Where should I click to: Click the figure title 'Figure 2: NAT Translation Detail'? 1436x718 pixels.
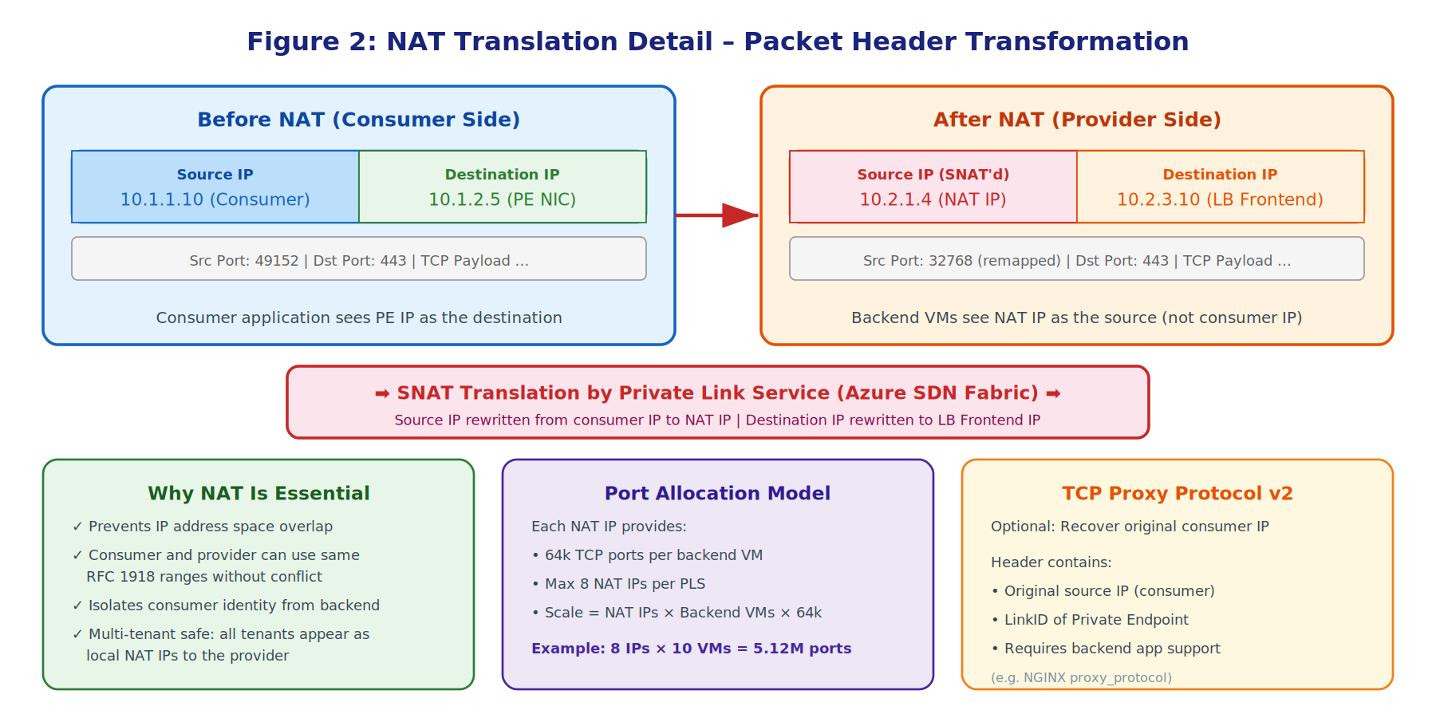tap(717, 41)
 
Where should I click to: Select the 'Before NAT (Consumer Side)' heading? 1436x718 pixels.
tap(358, 120)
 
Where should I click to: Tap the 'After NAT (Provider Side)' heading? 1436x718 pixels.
tap(1076, 120)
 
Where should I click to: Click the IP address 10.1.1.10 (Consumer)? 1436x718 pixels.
tap(215, 199)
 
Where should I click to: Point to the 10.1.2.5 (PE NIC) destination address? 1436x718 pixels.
tap(502, 199)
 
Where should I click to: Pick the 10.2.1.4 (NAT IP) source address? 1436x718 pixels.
tap(933, 199)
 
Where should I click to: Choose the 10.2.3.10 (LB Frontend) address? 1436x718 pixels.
tap(1220, 199)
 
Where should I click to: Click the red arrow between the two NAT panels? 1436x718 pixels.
tap(717, 215)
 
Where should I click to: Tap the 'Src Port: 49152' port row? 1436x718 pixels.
tap(358, 261)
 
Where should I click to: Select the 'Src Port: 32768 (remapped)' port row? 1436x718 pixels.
tap(1076, 261)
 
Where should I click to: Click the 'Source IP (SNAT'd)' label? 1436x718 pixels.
tap(933, 175)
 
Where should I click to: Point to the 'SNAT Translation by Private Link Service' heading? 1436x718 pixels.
tap(717, 393)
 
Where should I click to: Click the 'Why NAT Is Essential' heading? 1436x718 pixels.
tap(258, 494)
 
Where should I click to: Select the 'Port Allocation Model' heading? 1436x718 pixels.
tap(717, 494)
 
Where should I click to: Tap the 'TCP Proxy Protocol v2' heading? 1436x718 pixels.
tap(1177, 494)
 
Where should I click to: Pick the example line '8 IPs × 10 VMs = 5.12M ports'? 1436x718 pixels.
tap(691, 649)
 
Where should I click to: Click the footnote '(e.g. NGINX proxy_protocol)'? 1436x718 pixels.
tap(1081, 677)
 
